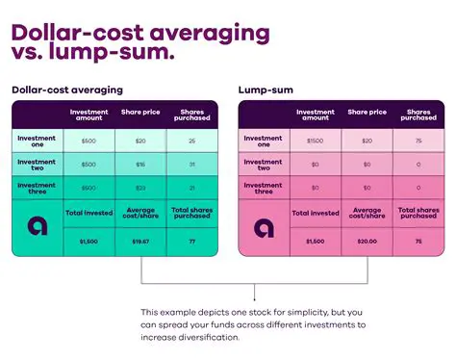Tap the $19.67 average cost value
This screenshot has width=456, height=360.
pos(140,242)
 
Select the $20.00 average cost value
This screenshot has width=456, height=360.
pos(367,242)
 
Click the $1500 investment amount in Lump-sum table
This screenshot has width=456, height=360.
pos(316,141)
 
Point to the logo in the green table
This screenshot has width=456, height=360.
pos(38,227)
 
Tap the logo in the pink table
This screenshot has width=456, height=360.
pos(264,228)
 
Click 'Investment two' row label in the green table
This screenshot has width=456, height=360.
pos(38,164)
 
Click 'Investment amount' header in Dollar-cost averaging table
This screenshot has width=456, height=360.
pos(89,115)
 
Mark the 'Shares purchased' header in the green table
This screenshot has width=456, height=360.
pos(190,115)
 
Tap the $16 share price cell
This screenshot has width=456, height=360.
pos(140,165)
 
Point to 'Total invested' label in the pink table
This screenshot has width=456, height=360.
pos(316,213)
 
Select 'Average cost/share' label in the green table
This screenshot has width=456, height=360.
pos(140,212)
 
